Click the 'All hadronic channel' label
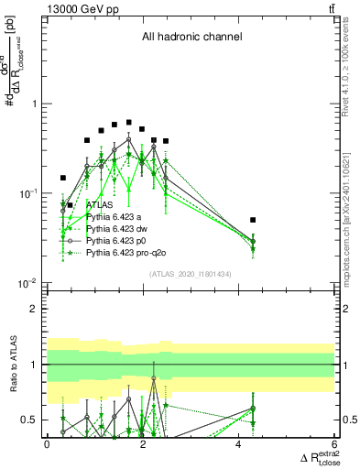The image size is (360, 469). (x=191, y=38)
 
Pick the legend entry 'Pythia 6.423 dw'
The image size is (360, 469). (x=118, y=228)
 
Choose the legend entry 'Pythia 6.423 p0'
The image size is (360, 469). (x=118, y=240)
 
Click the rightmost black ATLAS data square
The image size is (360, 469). (x=253, y=220)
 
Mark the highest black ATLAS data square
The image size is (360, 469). (x=129, y=122)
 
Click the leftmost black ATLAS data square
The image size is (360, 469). (x=63, y=178)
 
